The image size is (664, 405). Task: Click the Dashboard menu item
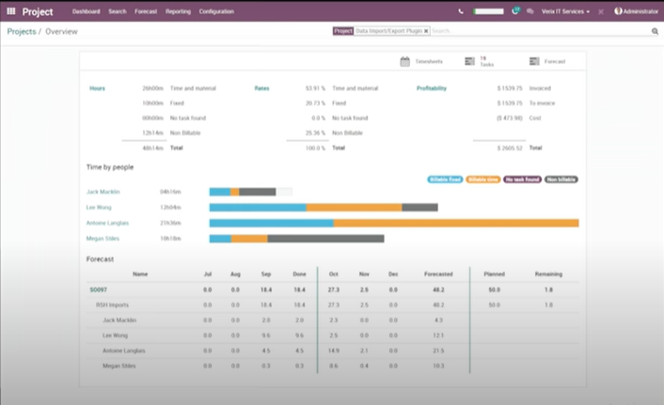pos(86,11)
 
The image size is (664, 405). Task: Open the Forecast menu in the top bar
pos(146,11)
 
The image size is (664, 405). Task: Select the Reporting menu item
pos(178,11)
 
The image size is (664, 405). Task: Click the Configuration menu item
pos(216,11)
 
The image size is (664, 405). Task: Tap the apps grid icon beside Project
pos(11,11)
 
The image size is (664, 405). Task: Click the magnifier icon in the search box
pos(655,31)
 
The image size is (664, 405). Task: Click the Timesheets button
pos(419,61)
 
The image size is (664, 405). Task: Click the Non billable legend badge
pos(561,179)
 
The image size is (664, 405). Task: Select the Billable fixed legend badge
pos(444,179)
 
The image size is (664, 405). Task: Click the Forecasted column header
pos(439,273)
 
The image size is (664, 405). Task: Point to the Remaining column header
pos(548,273)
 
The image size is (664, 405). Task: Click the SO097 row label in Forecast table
pos(97,290)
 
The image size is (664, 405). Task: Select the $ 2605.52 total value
pos(509,148)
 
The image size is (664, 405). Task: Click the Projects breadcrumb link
pos(22,31)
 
